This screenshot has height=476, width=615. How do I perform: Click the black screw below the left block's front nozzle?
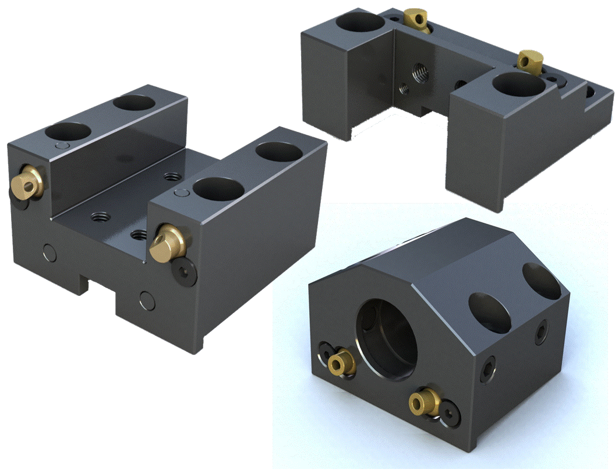click(185, 270)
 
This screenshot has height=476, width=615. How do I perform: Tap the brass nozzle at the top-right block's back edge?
click(416, 19)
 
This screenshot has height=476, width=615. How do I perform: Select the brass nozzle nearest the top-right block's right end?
click(530, 60)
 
